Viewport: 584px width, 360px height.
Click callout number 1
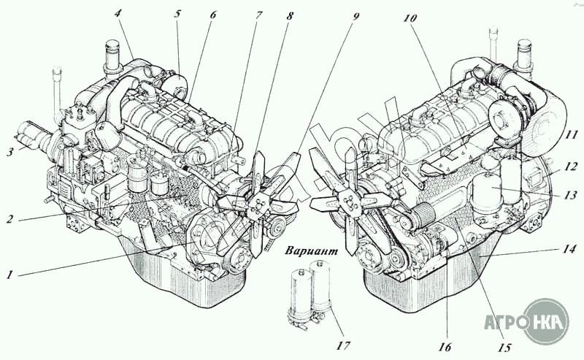click(x=9, y=275)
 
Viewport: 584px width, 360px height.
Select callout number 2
click(x=9, y=219)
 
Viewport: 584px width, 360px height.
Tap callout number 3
click(x=11, y=152)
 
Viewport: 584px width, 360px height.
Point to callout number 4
click(x=118, y=14)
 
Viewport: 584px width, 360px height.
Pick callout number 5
click(x=177, y=14)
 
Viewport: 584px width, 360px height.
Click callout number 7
click(x=258, y=15)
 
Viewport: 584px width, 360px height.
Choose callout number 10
click(x=410, y=18)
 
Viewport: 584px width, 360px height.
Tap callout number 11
click(x=571, y=134)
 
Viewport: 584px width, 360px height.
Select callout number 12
click(x=571, y=166)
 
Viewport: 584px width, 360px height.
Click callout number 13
click(x=571, y=195)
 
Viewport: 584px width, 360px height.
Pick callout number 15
click(x=504, y=348)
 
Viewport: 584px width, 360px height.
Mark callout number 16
click(x=445, y=347)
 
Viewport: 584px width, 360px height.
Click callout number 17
click(x=343, y=345)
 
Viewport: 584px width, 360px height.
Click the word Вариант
click(x=312, y=250)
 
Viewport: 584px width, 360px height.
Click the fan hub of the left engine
click(x=257, y=206)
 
